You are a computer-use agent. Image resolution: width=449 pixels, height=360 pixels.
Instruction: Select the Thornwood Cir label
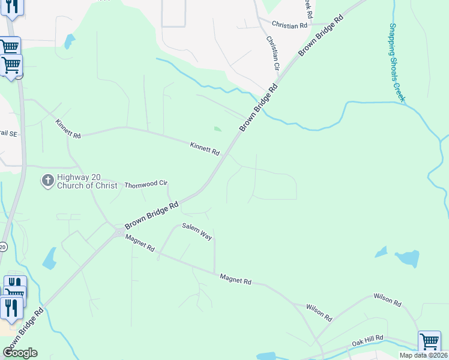(145, 185)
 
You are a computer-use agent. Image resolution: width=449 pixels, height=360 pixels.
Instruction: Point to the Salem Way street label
(197, 231)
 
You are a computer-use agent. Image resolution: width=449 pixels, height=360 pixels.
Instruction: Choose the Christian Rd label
(289, 25)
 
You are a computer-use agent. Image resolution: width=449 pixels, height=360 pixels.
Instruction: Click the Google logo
(20, 353)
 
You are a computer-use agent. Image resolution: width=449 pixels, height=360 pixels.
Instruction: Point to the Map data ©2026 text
(423, 355)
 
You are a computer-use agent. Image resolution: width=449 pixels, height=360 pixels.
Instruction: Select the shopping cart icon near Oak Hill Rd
(429, 342)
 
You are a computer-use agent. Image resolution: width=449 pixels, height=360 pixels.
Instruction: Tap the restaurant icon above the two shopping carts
(11, 6)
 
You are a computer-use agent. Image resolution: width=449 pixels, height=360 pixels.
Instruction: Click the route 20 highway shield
(3, 247)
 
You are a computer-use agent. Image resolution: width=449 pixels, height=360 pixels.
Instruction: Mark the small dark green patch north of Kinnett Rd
(217, 128)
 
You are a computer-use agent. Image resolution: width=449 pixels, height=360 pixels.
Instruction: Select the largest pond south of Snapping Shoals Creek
(408, 259)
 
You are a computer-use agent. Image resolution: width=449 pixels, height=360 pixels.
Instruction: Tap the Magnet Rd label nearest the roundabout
(140, 243)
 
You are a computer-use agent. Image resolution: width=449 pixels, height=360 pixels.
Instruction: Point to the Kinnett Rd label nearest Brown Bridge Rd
(205, 148)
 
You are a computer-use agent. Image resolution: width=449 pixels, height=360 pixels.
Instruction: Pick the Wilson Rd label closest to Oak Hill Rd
(319, 312)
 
